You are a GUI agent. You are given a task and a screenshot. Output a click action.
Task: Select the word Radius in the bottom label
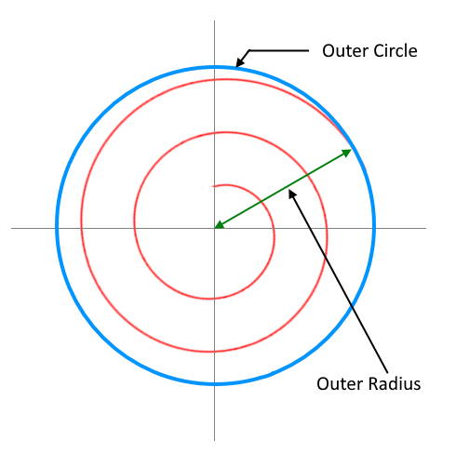click(394, 384)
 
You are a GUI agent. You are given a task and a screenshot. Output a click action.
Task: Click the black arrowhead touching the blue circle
click(239, 62)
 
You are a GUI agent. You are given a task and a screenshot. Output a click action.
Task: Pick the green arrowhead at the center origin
click(219, 225)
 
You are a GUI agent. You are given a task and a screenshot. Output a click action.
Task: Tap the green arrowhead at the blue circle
click(347, 153)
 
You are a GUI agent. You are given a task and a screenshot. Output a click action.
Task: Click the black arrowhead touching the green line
click(292, 194)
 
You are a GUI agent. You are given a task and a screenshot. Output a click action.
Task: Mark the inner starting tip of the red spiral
click(212, 186)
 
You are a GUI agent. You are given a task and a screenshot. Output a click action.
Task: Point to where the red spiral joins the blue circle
click(350, 143)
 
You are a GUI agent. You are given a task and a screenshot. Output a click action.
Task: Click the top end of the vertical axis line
click(214, 20)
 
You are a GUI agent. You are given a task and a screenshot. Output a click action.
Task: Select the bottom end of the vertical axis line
click(214, 440)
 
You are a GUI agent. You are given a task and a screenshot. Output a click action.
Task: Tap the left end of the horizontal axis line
click(11, 228)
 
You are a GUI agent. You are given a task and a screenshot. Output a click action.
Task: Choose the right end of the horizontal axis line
click(426, 228)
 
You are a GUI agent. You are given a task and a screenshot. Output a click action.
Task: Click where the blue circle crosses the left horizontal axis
click(57, 228)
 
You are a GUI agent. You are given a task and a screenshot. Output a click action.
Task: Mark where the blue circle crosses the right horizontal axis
click(374, 228)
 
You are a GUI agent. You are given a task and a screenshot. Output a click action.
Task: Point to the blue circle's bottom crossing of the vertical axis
click(214, 384)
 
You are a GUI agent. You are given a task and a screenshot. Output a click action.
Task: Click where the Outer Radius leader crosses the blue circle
click(352, 305)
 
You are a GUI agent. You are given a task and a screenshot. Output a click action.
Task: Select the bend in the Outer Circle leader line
click(249, 50)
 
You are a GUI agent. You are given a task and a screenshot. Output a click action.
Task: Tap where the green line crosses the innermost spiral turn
click(261, 202)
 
